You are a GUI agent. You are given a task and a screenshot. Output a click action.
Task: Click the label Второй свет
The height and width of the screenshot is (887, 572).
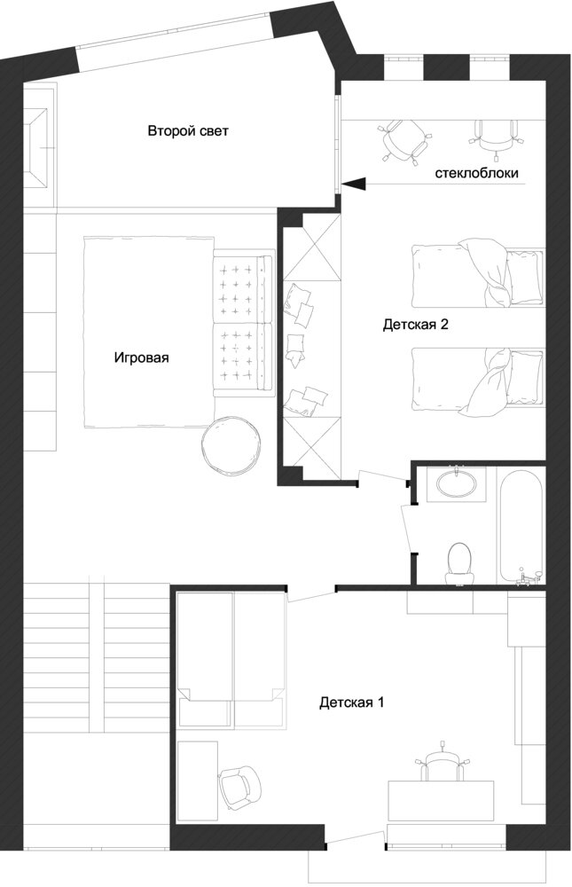click(x=188, y=131)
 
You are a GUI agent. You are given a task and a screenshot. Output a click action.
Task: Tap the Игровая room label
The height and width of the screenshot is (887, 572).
click(x=141, y=357)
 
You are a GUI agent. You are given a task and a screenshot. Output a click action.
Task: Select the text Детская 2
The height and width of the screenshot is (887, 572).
click(x=416, y=325)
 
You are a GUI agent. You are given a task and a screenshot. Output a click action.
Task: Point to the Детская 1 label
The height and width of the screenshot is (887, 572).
click(x=352, y=703)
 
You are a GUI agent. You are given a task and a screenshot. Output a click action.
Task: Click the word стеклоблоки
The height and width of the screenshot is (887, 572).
click(x=476, y=173)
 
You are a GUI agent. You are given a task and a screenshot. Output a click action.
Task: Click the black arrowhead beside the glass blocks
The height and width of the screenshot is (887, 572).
click(x=356, y=184)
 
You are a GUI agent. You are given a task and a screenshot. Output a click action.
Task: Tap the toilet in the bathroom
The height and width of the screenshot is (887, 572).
click(x=458, y=564)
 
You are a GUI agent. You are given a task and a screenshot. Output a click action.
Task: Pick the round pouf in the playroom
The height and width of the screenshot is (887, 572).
click(x=232, y=445)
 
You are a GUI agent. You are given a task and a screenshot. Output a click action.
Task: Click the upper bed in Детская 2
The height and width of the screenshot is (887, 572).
click(x=478, y=274)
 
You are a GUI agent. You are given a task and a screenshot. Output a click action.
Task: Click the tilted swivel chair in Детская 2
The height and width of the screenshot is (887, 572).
click(x=404, y=141)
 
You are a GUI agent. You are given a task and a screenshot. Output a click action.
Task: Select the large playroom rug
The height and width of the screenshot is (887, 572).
click(x=149, y=332)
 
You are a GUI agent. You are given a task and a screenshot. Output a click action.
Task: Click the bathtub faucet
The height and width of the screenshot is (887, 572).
click(x=530, y=577)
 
